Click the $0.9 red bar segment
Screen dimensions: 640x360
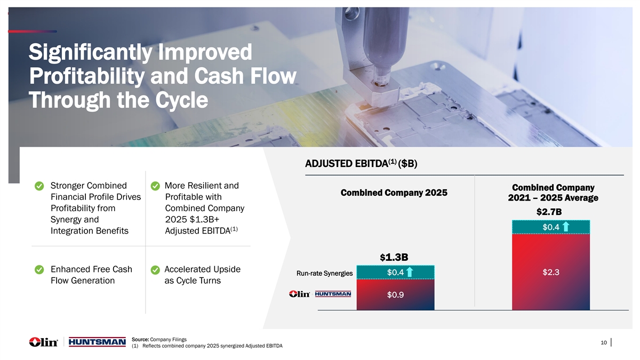[x=395, y=294]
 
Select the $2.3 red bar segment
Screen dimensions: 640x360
[x=551, y=272]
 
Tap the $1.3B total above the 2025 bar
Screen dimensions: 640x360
[x=394, y=258]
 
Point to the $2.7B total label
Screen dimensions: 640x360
[x=549, y=212]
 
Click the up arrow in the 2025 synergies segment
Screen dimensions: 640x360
[x=410, y=272]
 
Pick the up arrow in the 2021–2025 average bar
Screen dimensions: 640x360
[x=566, y=227]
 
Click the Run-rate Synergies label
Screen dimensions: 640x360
[x=325, y=274]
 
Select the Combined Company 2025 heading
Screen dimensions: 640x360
[x=394, y=193]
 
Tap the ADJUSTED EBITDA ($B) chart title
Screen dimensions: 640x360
[x=361, y=164]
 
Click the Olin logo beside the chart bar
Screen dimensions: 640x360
[x=299, y=294]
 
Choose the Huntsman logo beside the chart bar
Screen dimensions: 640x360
[x=333, y=294]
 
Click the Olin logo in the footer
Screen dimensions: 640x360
[x=43, y=342]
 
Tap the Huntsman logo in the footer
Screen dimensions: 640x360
[x=97, y=342]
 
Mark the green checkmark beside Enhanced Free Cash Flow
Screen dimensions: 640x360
[x=39, y=269]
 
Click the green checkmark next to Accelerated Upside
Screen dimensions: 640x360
[x=155, y=270]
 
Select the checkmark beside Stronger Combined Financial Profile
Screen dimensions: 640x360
[x=39, y=186]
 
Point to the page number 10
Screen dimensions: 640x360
[x=604, y=342]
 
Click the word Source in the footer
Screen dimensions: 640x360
[x=140, y=339]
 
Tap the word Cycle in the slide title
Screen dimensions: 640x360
[x=182, y=100]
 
